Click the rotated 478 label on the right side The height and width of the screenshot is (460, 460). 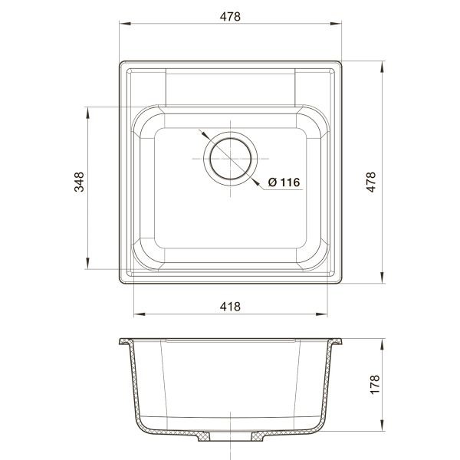pos(370,181)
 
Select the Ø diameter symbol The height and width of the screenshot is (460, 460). pos(272,182)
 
